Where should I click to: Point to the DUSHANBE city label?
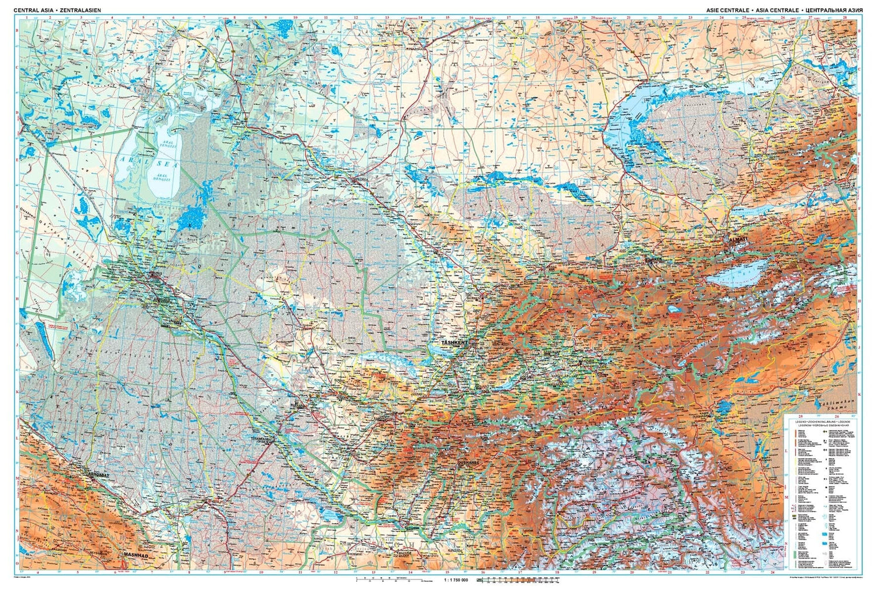pos(468,462)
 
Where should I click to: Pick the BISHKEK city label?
pos(652,258)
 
